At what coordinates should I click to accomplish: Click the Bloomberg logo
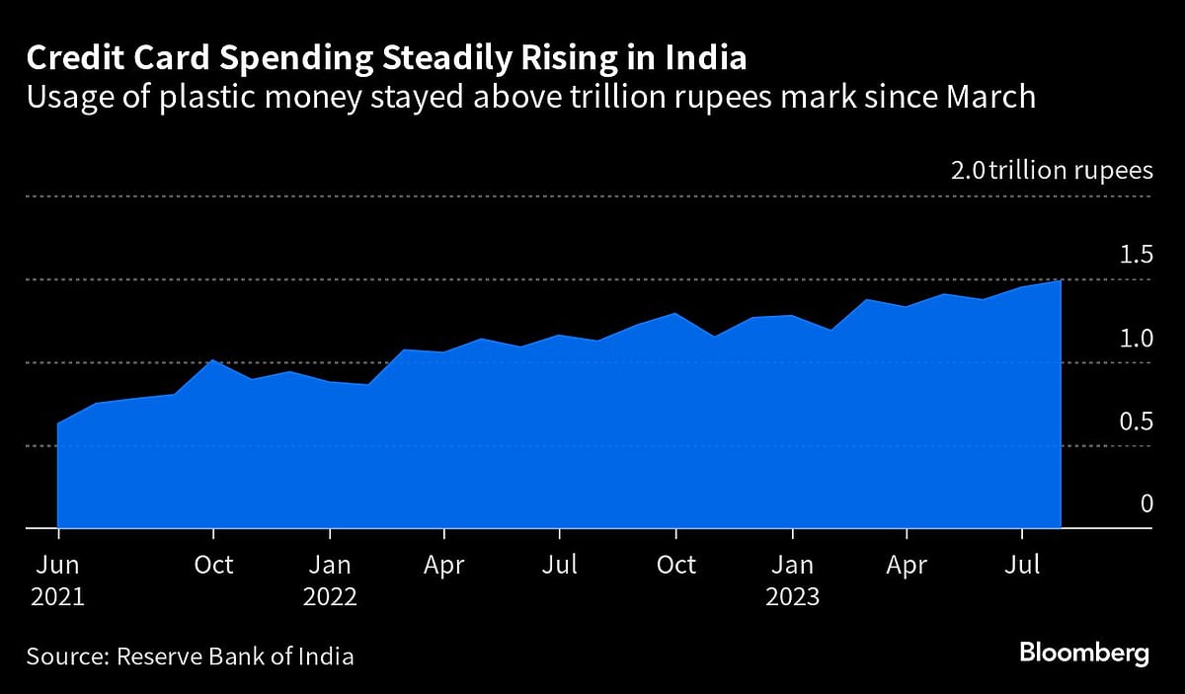point(1084,654)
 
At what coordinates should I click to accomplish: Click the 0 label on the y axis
point(1146,503)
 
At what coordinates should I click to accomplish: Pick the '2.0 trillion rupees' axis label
point(1052,171)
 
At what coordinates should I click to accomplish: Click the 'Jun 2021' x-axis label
point(58,581)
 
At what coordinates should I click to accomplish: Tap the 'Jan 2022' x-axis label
point(330,581)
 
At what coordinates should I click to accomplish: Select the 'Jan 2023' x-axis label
point(792,581)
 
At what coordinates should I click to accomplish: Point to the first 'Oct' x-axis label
point(213,566)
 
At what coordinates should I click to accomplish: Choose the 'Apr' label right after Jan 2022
point(444,566)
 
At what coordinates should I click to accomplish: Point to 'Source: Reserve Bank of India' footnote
point(190,655)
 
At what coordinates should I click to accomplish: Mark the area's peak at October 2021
point(213,360)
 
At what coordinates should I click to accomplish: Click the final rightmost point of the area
point(1061,281)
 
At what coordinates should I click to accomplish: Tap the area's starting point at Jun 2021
point(58,424)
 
